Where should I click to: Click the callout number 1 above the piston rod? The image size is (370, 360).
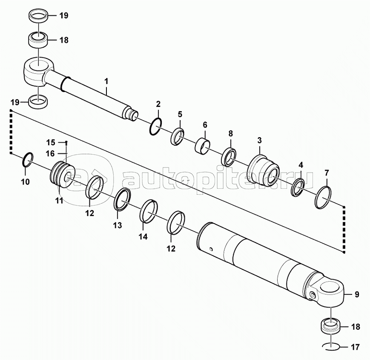click(x=106, y=81)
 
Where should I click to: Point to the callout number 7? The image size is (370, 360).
click(x=327, y=173)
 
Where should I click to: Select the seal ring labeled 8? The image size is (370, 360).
click(x=229, y=156)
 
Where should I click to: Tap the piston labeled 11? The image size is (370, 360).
click(x=62, y=174)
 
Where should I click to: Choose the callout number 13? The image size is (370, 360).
click(x=118, y=225)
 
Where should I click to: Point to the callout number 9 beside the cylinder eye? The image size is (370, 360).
click(x=357, y=294)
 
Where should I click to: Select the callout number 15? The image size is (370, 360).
click(x=51, y=143)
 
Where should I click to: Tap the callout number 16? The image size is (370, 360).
click(x=50, y=154)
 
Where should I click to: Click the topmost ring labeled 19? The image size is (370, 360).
click(x=38, y=17)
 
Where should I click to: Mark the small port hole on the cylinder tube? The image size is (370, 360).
click(x=211, y=248)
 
